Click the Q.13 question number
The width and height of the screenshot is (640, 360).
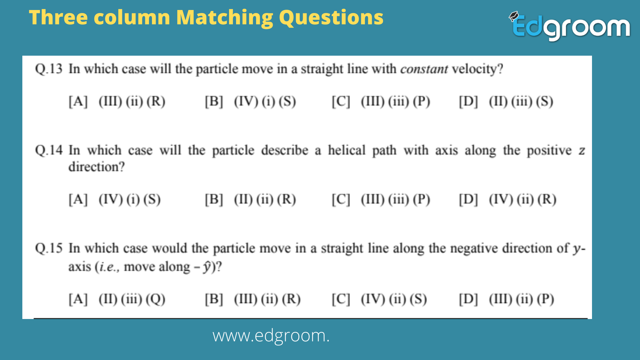(x=49, y=69)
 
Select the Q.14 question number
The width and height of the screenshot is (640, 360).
(x=49, y=150)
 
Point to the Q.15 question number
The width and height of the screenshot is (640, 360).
(x=49, y=248)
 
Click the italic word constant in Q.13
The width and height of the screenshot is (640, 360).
(x=424, y=69)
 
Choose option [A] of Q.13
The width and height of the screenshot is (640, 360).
(x=117, y=101)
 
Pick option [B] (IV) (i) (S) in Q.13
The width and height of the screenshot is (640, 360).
(x=250, y=101)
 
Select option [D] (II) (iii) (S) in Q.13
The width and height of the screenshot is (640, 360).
(x=506, y=101)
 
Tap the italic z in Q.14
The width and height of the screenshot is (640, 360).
(x=582, y=151)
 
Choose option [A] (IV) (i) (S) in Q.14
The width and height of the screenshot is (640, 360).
(x=115, y=199)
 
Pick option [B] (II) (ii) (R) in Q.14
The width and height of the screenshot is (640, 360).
(x=250, y=199)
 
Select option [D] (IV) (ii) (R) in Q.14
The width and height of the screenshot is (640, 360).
(x=508, y=199)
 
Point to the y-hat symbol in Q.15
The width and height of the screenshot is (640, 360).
(x=207, y=267)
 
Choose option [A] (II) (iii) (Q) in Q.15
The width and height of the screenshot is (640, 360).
(x=117, y=299)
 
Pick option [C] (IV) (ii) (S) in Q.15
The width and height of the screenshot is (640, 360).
(x=379, y=299)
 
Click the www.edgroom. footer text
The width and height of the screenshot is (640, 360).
(x=271, y=336)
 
